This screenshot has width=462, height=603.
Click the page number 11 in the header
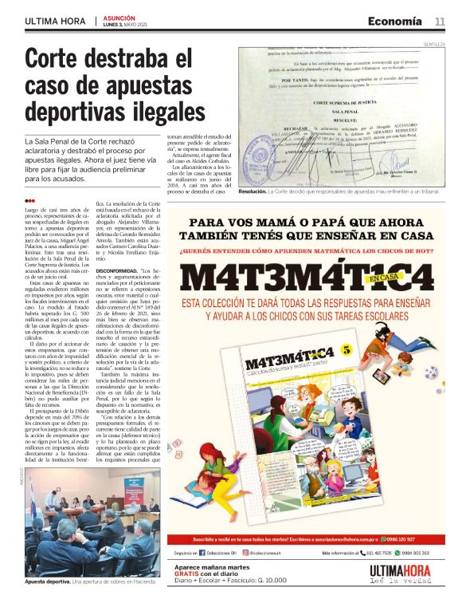(x=440, y=21)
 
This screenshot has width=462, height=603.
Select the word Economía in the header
(x=396, y=21)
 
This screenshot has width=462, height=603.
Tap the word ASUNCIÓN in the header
(x=119, y=18)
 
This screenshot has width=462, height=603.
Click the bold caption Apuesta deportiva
(x=46, y=581)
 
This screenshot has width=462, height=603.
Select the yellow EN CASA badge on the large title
(x=386, y=278)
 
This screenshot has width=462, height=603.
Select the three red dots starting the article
(x=29, y=200)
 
